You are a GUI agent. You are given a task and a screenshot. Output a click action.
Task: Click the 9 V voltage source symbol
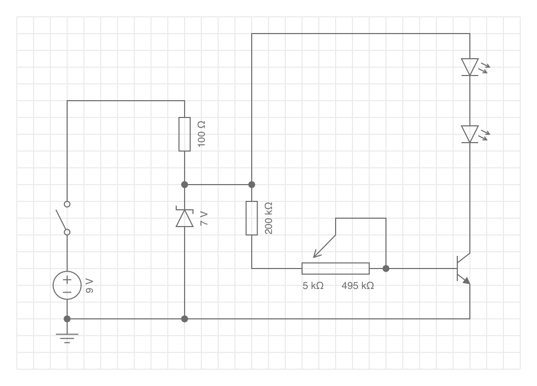[67, 285]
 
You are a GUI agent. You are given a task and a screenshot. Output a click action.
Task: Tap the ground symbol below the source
[67, 338]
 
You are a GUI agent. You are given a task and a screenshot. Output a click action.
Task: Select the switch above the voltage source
[63, 218]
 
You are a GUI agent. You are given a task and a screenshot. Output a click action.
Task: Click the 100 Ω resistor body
[185, 134]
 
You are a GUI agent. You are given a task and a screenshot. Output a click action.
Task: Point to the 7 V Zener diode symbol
[185, 217]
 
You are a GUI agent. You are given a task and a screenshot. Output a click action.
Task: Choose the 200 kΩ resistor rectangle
[252, 218]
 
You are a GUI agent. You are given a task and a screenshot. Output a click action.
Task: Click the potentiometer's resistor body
[336, 269]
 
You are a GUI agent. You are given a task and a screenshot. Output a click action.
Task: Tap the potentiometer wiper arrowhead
[316, 254]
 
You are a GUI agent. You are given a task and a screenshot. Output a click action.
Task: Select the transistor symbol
[464, 269]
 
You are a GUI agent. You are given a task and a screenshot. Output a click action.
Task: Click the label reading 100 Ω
[202, 134]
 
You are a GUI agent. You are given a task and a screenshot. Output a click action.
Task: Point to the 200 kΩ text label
[269, 218]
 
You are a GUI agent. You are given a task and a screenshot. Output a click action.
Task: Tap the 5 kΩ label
[313, 286]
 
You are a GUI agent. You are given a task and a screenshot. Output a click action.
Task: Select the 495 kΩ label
[358, 286]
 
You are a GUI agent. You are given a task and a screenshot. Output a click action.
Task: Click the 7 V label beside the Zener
[204, 219]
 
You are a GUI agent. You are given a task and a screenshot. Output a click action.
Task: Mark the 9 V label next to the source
[89, 286]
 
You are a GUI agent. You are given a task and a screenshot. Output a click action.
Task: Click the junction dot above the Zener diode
[185, 185]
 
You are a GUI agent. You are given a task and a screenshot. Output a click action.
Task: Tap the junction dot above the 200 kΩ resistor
[252, 185]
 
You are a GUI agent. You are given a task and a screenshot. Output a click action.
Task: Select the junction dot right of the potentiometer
[386, 269]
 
